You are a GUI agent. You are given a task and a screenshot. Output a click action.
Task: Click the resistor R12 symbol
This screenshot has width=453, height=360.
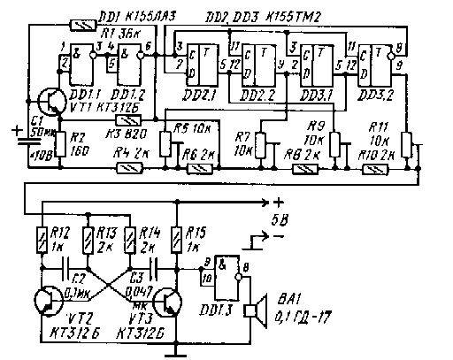[42, 240]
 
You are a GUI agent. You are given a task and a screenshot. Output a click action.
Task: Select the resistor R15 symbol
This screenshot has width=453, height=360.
[179, 240]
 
